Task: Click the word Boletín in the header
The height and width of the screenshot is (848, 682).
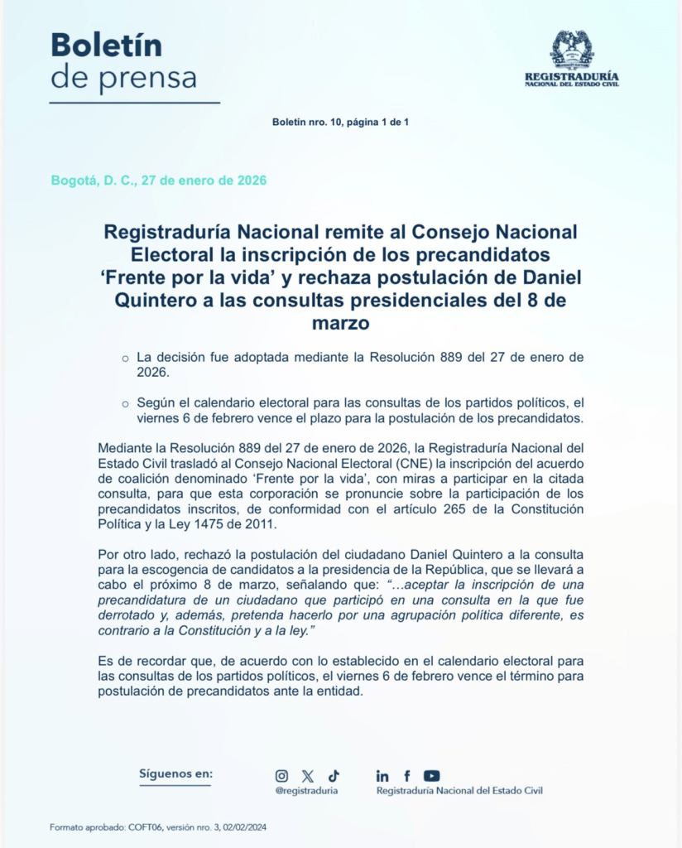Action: pos(106,45)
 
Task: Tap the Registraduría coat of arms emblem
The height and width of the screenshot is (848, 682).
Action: pos(572,49)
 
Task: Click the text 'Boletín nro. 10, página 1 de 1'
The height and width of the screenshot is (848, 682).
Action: pos(340,123)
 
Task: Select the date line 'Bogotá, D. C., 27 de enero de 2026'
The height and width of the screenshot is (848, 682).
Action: pos(159,181)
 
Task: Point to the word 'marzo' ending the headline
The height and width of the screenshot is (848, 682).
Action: pos(340,322)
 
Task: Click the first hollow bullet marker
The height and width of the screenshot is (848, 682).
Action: pos(125,359)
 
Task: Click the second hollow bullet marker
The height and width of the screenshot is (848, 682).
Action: pos(125,404)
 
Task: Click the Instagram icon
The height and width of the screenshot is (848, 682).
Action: pos(281,776)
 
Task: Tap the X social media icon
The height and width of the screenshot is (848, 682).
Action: pos(308,776)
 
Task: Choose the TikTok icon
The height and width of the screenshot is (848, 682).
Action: pos(334,776)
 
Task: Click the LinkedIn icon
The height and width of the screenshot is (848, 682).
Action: pos(382,776)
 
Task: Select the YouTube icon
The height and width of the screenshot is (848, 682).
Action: pos(432,776)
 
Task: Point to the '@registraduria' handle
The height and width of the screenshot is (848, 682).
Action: pos(306,791)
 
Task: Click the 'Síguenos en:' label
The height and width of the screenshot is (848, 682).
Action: pos(175,773)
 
